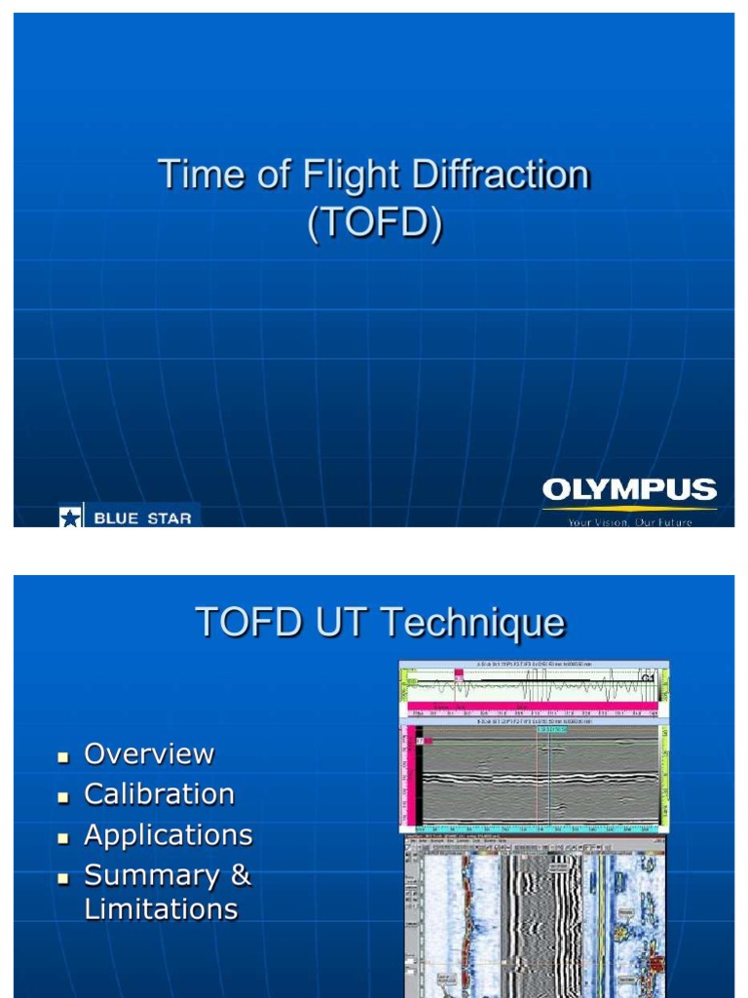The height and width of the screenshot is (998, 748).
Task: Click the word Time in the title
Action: pyautogui.click(x=197, y=176)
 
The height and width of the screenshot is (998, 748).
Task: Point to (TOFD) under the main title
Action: pyautogui.click(x=375, y=222)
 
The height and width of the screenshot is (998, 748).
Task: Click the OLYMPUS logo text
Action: pyautogui.click(x=629, y=490)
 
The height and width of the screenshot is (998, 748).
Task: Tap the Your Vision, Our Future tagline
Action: pyautogui.click(x=629, y=522)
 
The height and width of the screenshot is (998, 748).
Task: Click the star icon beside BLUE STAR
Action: pyautogui.click(x=71, y=518)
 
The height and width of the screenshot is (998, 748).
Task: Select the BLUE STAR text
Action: pyautogui.click(x=142, y=518)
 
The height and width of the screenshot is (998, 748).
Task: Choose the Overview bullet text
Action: pyautogui.click(x=149, y=753)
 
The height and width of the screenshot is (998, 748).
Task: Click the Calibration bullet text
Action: pyautogui.click(x=160, y=794)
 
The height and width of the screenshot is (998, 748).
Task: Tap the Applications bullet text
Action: pyautogui.click(x=168, y=835)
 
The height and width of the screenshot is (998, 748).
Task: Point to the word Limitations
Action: pyautogui.click(x=161, y=909)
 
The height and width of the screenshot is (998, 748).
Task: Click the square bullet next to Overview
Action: pyautogui.click(x=64, y=756)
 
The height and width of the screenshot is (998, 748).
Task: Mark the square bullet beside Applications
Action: pyautogui.click(x=64, y=837)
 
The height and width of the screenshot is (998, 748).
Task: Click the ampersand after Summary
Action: pyautogui.click(x=241, y=875)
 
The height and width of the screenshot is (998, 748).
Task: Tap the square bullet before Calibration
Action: pyautogui.click(x=64, y=796)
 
